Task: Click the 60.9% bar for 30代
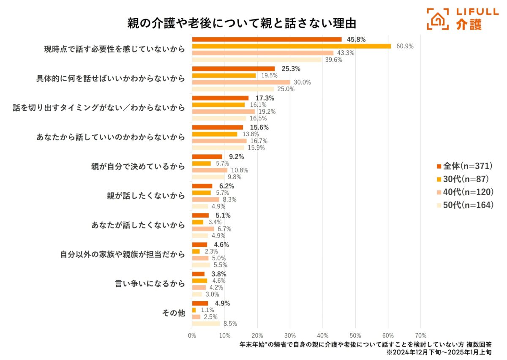tap(292, 46)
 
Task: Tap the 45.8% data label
tap(356, 40)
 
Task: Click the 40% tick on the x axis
tap(323, 335)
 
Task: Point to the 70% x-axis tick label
tap(420, 335)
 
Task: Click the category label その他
tap(174, 313)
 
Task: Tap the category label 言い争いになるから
tap(150, 284)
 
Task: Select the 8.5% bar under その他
tap(206, 323)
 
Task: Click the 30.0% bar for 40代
tap(241, 82)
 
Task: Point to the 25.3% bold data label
tap(291, 69)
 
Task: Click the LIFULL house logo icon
tap(438, 19)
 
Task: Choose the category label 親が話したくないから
tap(146, 196)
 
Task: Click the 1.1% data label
tap(207, 310)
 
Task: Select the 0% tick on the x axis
tap(192, 335)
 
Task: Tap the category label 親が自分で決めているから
tap(138, 166)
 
